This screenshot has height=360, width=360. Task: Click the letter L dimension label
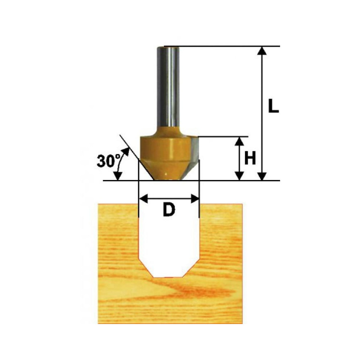274,106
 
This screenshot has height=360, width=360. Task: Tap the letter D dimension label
169,210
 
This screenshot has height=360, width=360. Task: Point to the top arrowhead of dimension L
262,51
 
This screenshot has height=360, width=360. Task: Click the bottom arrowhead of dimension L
262,176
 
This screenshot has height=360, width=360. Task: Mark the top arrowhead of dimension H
239,141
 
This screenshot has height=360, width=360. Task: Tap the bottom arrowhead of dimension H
239,176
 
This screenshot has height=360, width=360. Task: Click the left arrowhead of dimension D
144,199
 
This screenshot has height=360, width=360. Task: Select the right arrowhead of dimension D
195,199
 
